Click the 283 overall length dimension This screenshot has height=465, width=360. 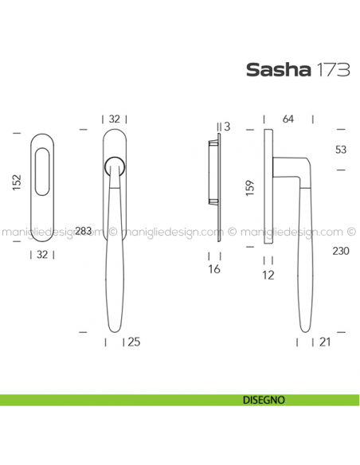point(84,231)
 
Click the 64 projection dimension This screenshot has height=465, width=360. point(288,119)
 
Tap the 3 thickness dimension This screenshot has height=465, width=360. point(227,127)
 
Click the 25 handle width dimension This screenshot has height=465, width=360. point(134,342)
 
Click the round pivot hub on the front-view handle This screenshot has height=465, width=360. point(114,166)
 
